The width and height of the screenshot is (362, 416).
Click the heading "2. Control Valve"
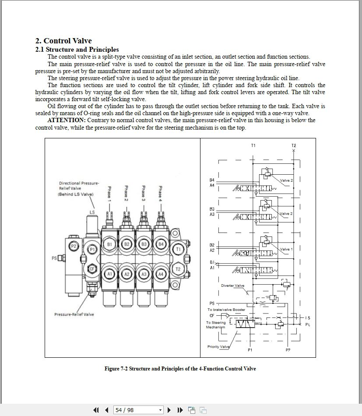(x=63, y=41)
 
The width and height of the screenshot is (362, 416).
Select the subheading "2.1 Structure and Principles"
(x=77, y=49)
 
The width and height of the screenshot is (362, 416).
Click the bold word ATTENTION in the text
(x=66, y=120)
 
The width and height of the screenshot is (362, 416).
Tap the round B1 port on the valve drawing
(x=109, y=244)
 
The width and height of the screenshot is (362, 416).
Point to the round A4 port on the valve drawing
(x=161, y=274)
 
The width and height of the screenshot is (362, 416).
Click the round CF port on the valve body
(x=92, y=268)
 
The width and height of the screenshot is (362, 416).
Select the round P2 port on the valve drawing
(x=74, y=247)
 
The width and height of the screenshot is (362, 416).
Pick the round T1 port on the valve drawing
(x=178, y=249)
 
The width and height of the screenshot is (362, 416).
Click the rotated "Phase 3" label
(x=143, y=193)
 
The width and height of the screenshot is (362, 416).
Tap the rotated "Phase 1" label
(x=109, y=193)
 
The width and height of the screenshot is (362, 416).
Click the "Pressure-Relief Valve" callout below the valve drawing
(x=74, y=314)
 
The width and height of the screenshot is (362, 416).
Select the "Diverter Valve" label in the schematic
(x=232, y=286)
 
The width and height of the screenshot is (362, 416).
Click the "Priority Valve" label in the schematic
(x=218, y=347)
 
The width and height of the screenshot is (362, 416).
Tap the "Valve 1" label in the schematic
(x=286, y=249)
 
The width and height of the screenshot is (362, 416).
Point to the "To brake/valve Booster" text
(x=226, y=310)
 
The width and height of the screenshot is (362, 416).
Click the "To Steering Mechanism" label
(x=216, y=325)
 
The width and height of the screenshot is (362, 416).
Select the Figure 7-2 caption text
(x=180, y=369)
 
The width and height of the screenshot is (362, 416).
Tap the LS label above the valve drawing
(x=92, y=212)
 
